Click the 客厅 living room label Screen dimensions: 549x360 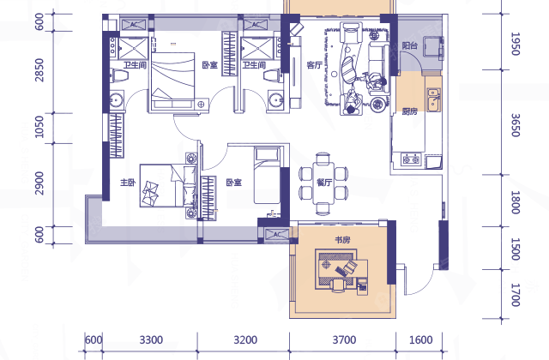(x=314, y=65)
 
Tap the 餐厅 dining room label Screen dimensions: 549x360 (x=323, y=183)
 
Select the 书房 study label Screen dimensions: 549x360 (x=342, y=240)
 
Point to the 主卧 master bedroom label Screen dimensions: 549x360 (x=128, y=183)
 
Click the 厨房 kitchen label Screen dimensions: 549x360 (x=409, y=111)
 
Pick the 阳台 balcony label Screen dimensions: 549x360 (x=409, y=45)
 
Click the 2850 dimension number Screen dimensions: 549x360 (x=39, y=70)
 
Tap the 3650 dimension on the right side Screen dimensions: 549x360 (x=515, y=125)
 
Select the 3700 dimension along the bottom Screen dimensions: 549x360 (x=344, y=339)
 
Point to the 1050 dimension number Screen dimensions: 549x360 (x=39, y=127)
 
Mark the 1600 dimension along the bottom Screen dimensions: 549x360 (x=420, y=339)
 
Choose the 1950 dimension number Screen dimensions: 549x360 (x=515, y=44)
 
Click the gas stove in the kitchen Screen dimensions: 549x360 (x=411, y=160)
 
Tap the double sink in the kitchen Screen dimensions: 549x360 (x=433, y=99)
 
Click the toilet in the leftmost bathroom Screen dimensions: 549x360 (x=119, y=76)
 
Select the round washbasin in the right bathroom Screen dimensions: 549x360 (x=276, y=100)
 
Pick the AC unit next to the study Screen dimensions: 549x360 (x=276, y=234)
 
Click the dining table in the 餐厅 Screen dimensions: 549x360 (x=323, y=183)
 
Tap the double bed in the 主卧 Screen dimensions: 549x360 (x=167, y=186)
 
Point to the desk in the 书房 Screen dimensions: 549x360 (x=341, y=268)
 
